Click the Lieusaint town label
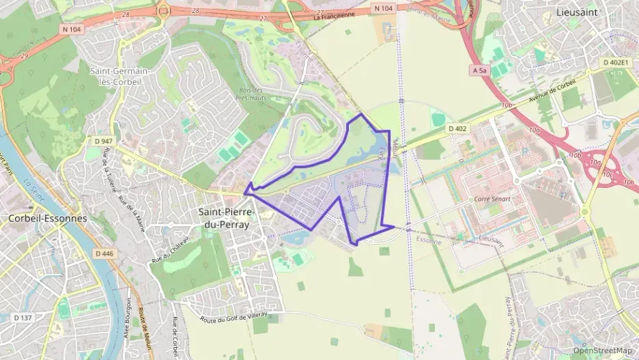coord(578,13)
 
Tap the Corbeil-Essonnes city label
coord(48,219)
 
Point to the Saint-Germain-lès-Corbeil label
coord(119,77)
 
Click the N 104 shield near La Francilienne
coord(383,8)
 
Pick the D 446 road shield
coord(104,253)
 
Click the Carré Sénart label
coord(492,199)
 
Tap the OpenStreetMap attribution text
coord(602,350)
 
